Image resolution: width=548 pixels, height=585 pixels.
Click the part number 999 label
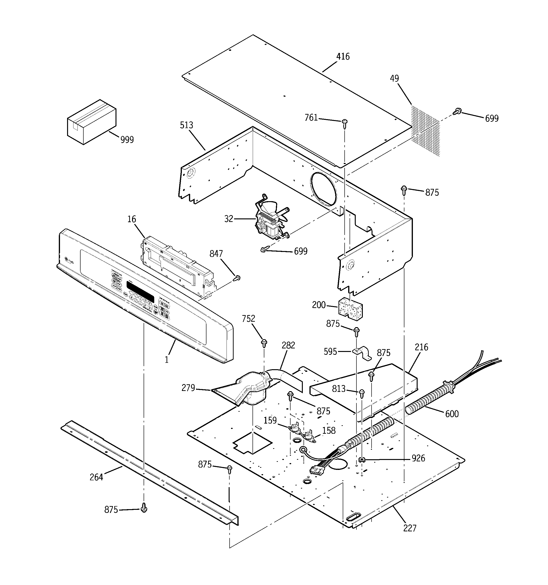(127, 140)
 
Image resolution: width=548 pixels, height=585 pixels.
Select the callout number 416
(343, 56)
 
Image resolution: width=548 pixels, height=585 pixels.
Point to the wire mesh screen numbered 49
(425, 131)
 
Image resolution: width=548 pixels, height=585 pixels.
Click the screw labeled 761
(345, 123)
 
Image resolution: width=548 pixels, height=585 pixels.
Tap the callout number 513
(187, 125)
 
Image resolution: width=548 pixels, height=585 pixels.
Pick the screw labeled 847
(237, 278)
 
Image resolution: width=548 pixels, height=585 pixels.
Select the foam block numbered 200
(350, 309)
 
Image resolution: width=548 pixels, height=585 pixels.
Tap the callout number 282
(288, 345)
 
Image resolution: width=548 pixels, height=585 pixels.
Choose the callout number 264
(96, 477)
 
